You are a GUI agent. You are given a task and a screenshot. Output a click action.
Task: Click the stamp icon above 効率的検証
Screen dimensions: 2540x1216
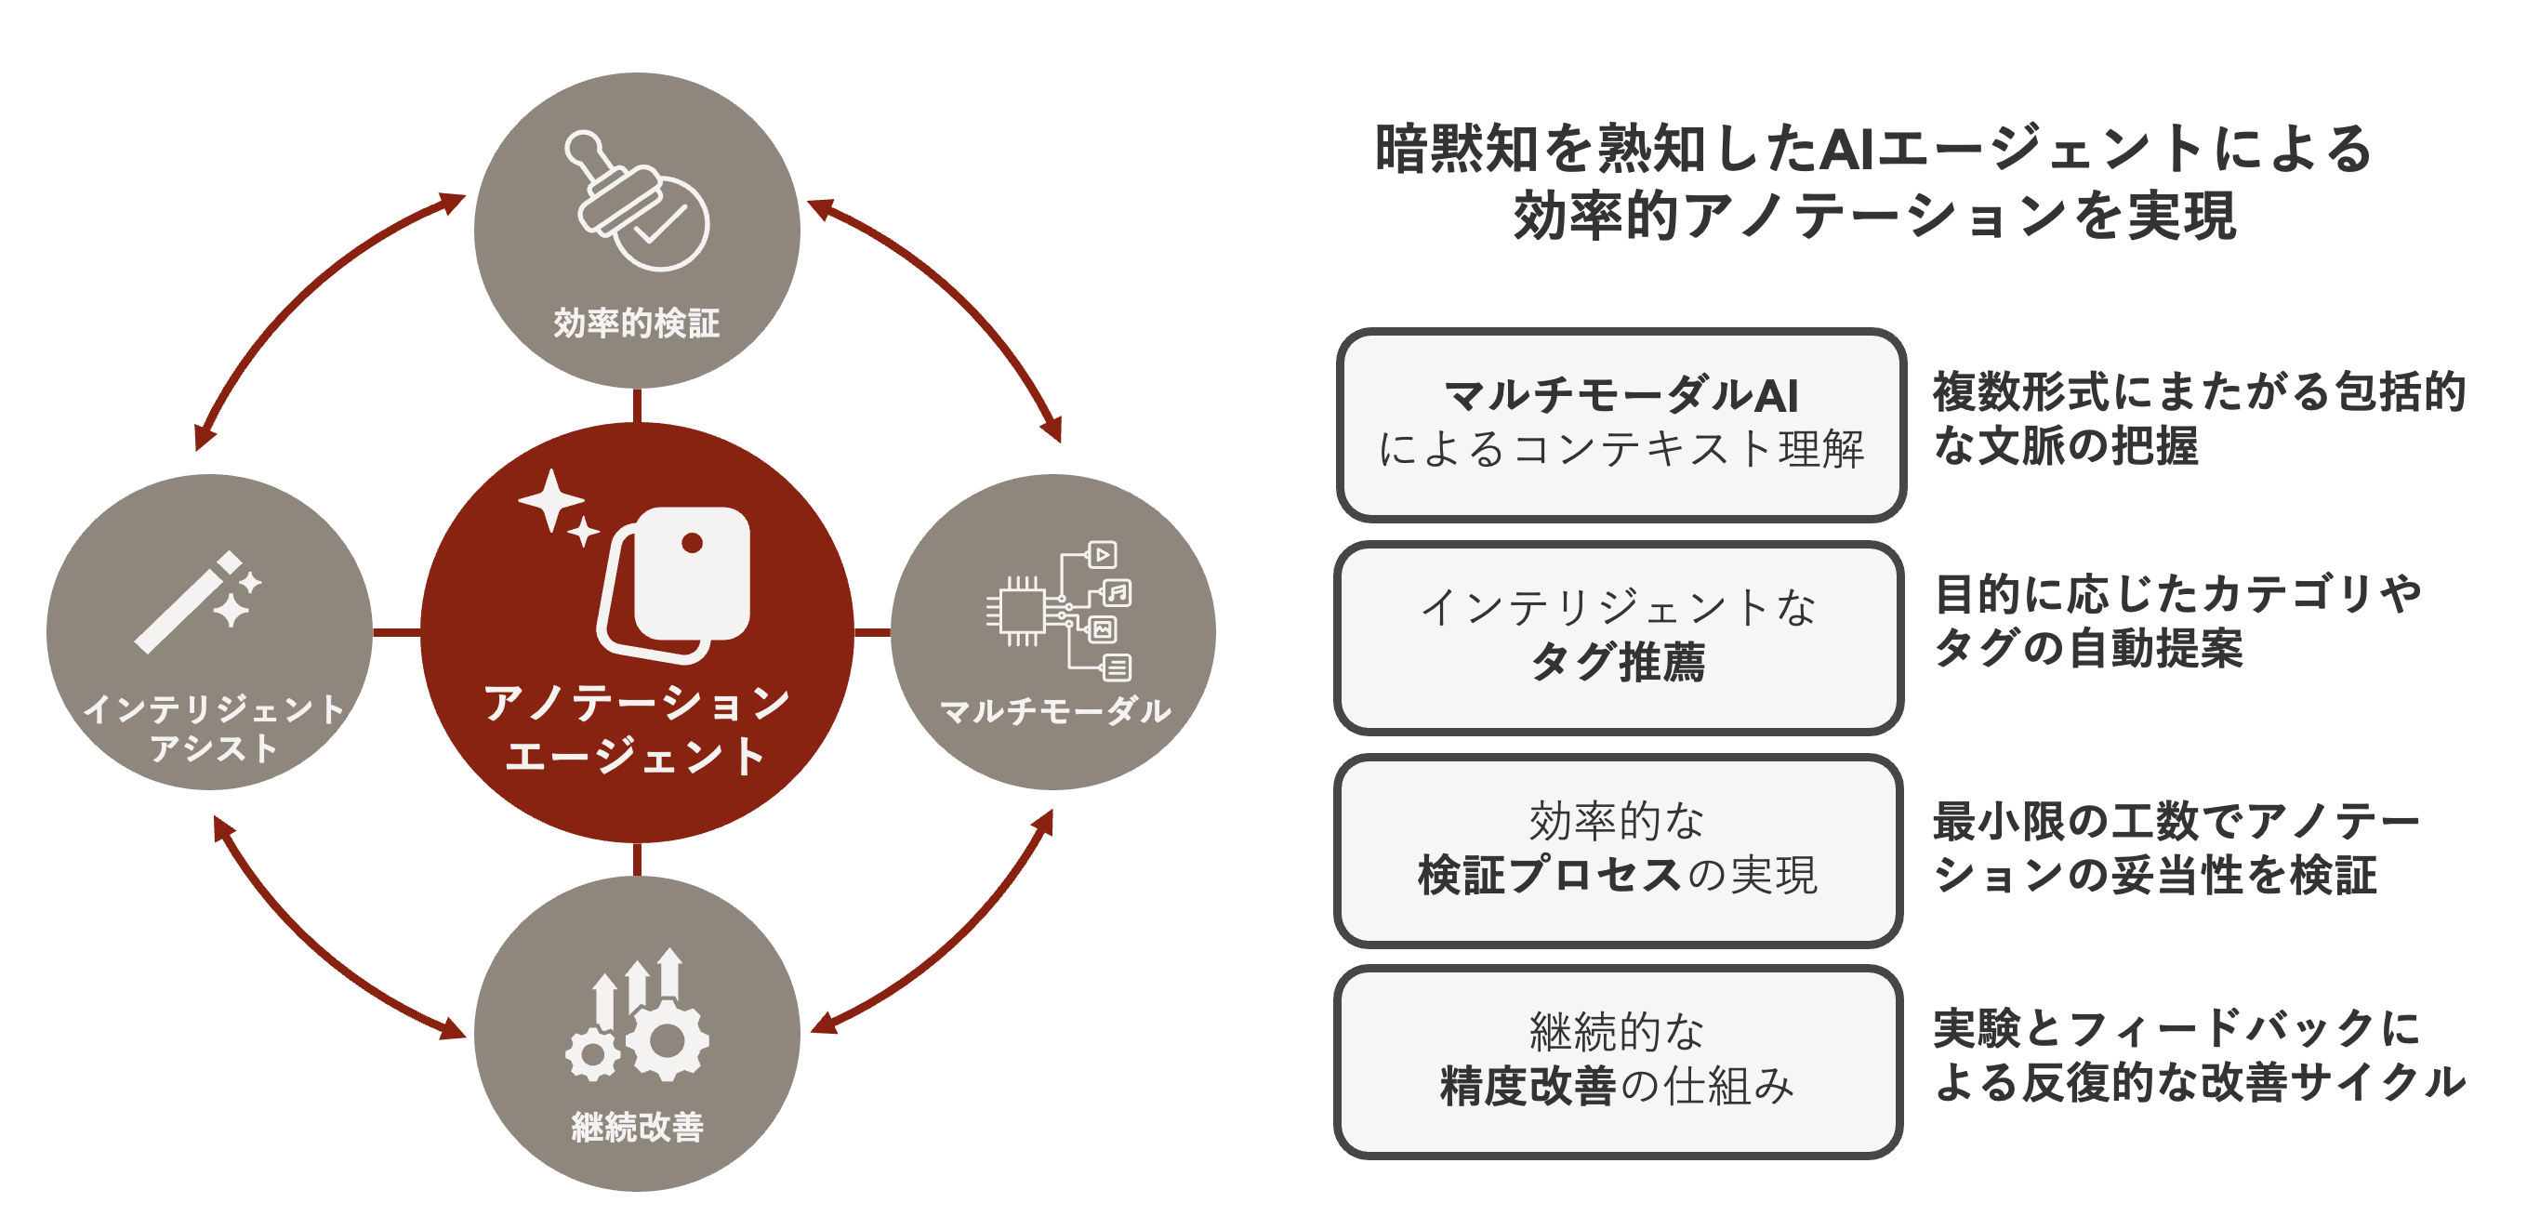coord(638,200)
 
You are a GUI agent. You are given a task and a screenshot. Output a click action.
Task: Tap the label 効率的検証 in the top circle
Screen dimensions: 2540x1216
coord(637,324)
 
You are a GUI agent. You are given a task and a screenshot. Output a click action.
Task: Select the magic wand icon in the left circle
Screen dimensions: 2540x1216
coord(198,601)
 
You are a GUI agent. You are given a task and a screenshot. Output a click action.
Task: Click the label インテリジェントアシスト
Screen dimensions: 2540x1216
coord(213,728)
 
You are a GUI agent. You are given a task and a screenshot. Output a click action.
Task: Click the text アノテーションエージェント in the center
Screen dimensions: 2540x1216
coord(637,729)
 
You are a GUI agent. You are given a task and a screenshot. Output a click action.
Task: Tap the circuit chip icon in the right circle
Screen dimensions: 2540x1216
coord(1059,611)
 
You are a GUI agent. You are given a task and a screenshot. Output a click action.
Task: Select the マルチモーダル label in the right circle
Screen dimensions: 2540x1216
coord(1055,710)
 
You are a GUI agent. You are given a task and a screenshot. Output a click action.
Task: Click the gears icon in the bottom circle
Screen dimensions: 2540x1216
coord(637,1015)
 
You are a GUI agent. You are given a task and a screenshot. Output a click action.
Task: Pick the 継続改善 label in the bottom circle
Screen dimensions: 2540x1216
coord(637,1126)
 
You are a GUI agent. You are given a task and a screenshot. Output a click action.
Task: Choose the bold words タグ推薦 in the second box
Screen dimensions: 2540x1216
coord(1617,661)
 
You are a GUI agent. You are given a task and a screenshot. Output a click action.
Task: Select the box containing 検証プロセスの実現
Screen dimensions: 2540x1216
coord(1618,850)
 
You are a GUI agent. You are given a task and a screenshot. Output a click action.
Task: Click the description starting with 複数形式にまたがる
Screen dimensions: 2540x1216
coord(2199,418)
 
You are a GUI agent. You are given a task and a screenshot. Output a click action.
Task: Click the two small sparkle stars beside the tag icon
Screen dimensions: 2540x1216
coord(559,507)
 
